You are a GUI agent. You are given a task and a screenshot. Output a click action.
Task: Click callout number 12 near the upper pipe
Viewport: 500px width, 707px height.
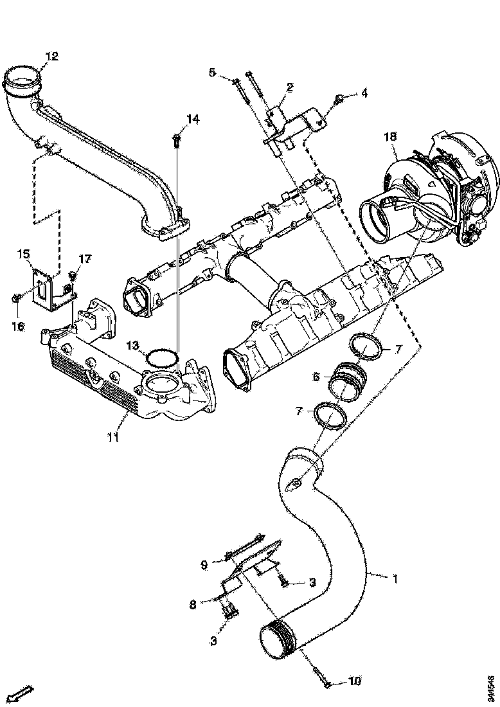tap(51, 57)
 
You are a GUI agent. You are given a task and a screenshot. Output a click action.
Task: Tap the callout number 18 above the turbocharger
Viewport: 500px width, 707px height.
tap(390, 136)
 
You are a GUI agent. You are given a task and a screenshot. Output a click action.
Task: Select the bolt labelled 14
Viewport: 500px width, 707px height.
tap(175, 138)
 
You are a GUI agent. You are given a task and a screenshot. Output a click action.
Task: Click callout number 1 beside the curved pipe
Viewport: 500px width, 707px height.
tap(395, 579)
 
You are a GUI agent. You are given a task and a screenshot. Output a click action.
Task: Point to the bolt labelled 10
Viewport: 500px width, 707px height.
tap(324, 681)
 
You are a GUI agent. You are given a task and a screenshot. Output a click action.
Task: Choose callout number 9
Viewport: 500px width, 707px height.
tap(204, 565)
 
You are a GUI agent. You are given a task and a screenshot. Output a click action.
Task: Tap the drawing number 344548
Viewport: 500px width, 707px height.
tap(491, 687)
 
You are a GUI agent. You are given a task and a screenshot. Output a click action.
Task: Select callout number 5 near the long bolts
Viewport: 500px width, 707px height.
tap(212, 72)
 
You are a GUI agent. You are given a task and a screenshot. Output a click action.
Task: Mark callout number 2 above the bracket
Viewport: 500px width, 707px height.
tap(290, 87)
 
